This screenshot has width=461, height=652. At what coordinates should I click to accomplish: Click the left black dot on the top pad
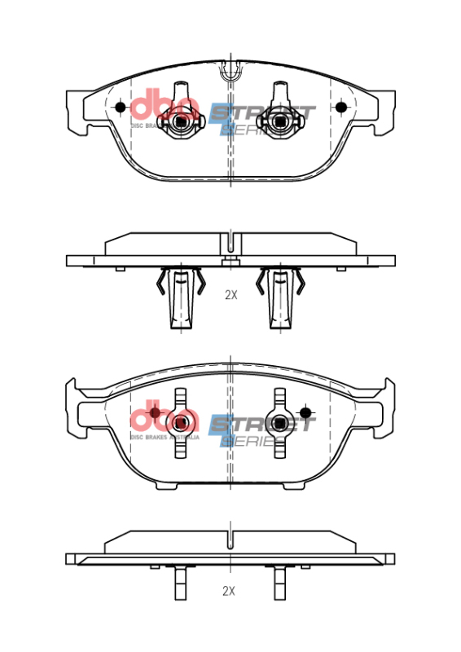pyautogui.click(x=121, y=107)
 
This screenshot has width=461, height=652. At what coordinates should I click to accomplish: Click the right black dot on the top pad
pyautogui.click(x=341, y=107)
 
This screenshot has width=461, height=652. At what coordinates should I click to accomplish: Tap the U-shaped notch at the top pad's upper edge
pyautogui.click(x=230, y=71)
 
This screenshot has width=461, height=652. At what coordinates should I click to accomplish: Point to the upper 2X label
pyautogui.click(x=230, y=295)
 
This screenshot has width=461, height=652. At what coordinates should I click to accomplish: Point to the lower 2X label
pyautogui.click(x=230, y=591)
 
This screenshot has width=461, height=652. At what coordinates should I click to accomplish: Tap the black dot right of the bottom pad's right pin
pyautogui.click(x=305, y=411)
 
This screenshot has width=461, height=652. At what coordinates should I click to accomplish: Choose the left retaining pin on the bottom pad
pyautogui.click(x=180, y=422)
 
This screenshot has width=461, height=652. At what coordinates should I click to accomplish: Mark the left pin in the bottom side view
pyautogui.click(x=180, y=583)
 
